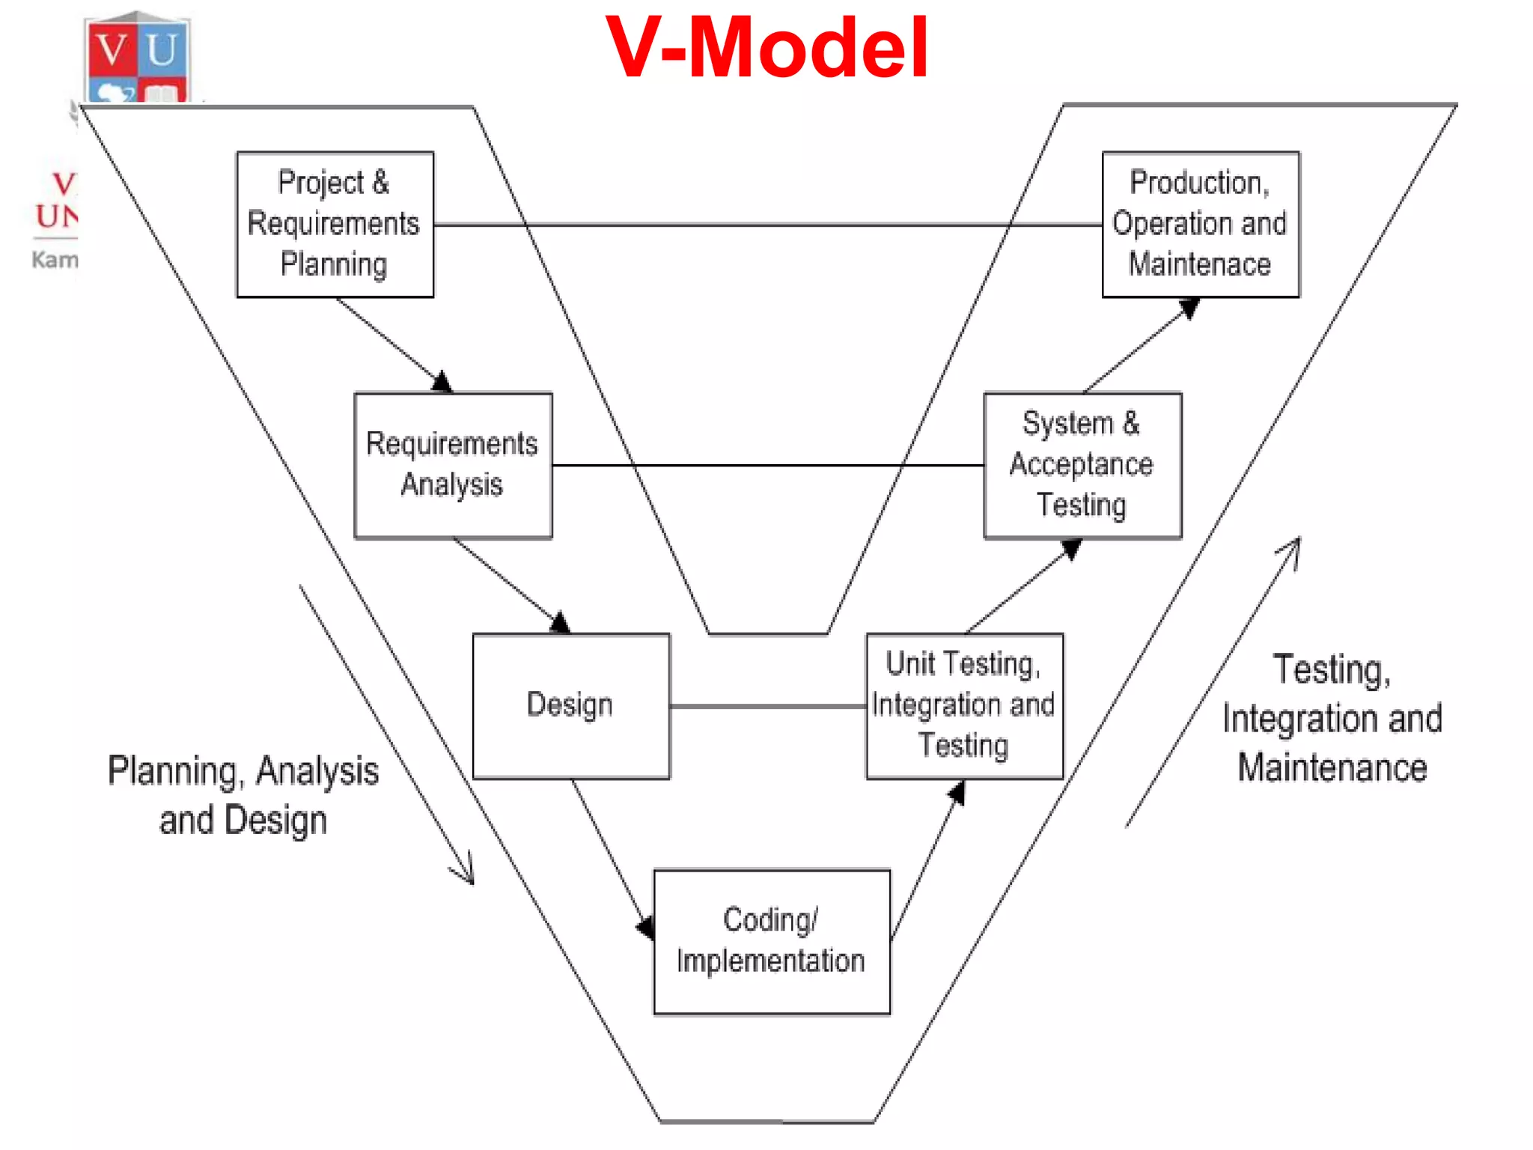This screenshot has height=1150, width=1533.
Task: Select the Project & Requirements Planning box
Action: [335, 224]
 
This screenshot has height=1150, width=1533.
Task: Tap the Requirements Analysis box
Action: [453, 465]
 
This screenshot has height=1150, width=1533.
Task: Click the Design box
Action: [570, 706]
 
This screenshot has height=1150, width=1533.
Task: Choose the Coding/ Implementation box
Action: [771, 941]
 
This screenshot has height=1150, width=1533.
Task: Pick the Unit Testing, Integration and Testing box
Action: [964, 706]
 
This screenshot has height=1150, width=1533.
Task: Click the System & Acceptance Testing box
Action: [1082, 465]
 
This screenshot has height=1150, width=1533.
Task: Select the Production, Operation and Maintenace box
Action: [1200, 224]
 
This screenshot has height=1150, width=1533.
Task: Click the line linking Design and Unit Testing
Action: [767, 706]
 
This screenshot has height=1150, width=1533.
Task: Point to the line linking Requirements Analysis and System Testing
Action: [767, 465]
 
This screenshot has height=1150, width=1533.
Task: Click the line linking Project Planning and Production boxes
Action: [767, 224]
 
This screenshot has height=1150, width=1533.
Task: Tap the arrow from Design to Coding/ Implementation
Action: [610, 854]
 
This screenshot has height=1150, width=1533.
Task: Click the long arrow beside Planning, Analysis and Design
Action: [385, 734]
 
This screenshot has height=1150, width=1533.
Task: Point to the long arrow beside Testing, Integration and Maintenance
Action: [1213, 681]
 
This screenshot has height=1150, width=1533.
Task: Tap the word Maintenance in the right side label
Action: [1332, 768]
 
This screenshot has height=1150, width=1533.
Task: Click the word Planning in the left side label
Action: [172, 771]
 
